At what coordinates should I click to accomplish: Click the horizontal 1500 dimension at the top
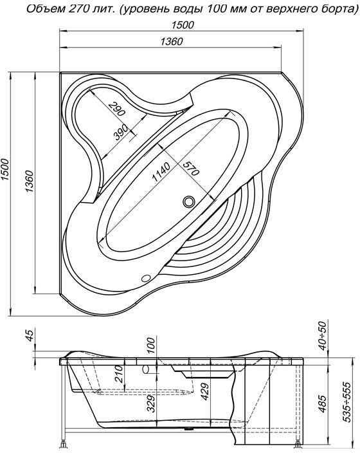click(183, 25)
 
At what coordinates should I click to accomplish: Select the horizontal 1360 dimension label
click(172, 42)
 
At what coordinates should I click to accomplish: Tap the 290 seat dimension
click(116, 109)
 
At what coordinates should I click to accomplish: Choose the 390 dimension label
click(120, 133)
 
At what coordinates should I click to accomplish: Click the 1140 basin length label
click(161, 172)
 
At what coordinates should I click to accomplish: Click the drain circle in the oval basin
click(188, 201)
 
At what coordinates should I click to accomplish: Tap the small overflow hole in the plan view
click(146, 278)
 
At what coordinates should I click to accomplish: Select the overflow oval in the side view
click(146, 369)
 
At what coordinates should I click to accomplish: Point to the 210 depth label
click(119, 374)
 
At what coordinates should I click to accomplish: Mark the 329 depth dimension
click(150, 403)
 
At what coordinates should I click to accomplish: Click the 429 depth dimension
click(204, 391)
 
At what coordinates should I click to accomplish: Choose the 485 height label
click(323, 403)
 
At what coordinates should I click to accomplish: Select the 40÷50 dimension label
click(323, 335)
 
